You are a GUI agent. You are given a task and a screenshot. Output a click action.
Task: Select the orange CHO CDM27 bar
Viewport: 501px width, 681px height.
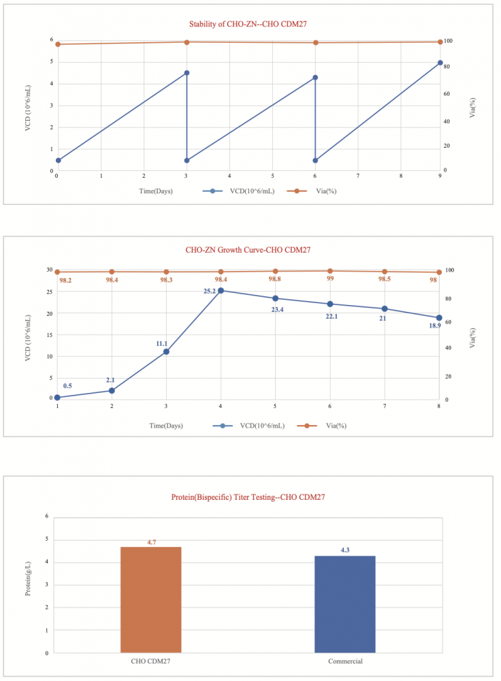pos(150,599)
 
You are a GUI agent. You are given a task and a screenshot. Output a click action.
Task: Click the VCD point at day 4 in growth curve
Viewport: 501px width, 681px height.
pos(221,291)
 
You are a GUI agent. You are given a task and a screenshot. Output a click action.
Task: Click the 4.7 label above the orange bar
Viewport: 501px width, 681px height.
pos(152,542)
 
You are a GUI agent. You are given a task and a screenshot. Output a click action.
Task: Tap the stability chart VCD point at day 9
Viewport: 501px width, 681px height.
pos(440,63)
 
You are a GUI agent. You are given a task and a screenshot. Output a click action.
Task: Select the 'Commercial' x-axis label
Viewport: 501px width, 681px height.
pos(345,661)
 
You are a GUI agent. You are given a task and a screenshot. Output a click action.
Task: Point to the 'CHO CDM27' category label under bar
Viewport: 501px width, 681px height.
pos(150,661)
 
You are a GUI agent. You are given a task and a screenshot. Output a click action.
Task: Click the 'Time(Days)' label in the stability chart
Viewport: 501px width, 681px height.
pos(156,191)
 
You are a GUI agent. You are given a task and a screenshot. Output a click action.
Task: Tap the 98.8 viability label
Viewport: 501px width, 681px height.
pos(275,279)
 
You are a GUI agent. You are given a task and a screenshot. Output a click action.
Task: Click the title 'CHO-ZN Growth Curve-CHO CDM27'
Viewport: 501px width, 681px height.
pos(248,250)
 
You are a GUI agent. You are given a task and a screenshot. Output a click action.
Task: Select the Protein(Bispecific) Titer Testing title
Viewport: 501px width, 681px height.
pos(248,497)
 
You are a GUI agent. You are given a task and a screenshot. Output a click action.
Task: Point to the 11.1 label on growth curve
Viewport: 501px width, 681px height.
pos(161,343)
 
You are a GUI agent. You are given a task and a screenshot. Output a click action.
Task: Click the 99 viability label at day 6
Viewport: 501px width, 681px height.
pos(330,279)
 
